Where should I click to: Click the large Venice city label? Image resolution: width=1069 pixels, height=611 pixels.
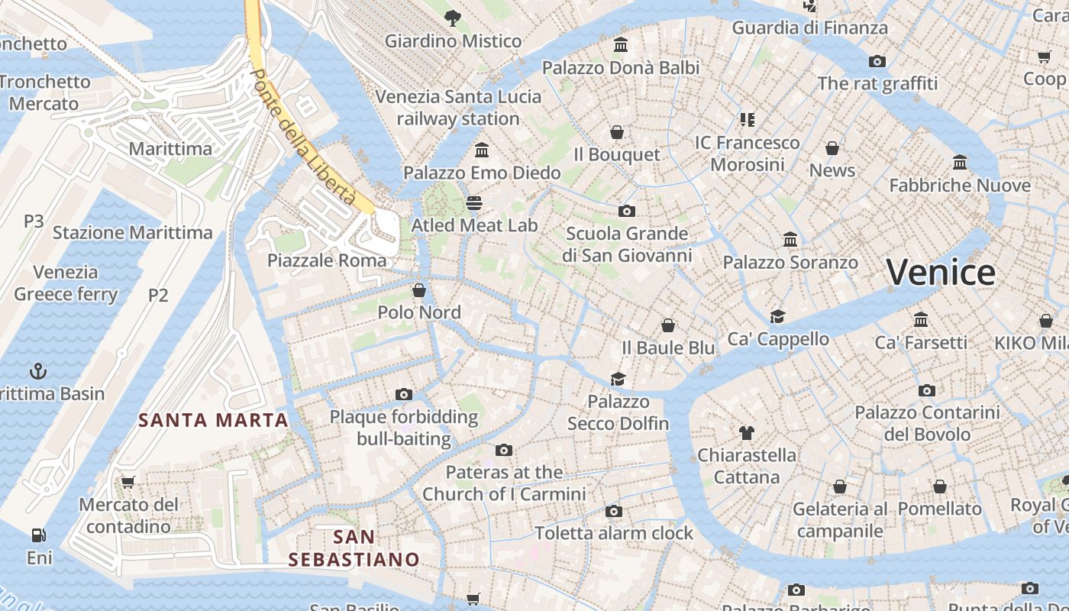click(x=941, y=273)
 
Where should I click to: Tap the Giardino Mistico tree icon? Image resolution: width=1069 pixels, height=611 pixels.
click(x=453, y=18)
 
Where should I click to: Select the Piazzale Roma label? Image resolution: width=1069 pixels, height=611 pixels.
click(x=327, y=260)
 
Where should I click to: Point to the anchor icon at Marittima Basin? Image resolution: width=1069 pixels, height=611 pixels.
click(x=37, y=372)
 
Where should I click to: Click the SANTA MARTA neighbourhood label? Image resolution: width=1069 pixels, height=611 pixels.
click(x=213, y=420)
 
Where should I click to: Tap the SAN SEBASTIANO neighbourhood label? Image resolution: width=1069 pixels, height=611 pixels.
click(x=354, y=548)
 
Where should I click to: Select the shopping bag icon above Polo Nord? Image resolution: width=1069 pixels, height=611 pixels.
click(x=418, y=290)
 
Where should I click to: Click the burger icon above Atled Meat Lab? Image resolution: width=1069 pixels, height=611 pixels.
click(x=474, y=203)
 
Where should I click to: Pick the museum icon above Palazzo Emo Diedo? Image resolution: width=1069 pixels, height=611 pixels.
click(x=482, y=150)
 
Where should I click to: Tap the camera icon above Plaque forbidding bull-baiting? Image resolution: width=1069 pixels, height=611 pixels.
click(x=404, y=395)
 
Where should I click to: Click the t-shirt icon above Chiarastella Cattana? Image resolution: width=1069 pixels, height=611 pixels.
click(x=746, y=433)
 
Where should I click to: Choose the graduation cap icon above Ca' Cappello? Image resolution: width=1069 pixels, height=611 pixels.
click(x=777, y=317)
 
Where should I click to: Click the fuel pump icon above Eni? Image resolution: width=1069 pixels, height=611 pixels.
click(x=38, y=535)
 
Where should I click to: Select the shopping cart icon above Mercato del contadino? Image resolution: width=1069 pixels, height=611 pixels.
click(x=128, y=483)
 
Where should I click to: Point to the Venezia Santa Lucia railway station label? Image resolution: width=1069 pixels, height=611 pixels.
click(x=458, y=108)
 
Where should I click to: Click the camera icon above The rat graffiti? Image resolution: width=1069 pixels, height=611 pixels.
click(x=877, y=61)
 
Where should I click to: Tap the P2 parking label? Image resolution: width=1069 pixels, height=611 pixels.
click(x=158, y=295)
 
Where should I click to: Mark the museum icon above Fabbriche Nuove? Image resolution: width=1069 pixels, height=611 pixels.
click(x=960, y=163)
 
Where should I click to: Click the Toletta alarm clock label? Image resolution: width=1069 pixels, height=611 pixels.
click(x=614, y=533)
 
